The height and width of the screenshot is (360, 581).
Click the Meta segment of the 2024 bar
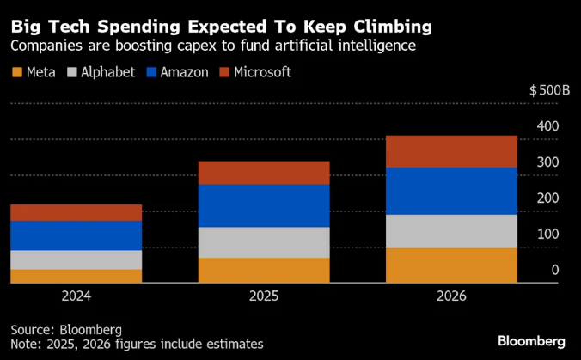(x=76, y=276)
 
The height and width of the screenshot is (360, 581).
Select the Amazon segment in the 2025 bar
(x=264, y=205)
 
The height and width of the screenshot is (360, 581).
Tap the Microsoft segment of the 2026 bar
(x=451, y=151)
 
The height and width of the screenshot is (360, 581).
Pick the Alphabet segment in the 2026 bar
(x=451, y=231)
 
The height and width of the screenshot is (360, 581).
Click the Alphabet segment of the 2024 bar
(x=76, y=259)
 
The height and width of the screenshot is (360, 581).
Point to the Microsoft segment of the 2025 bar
(x=264, y=173)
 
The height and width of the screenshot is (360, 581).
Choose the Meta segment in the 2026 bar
(x=451, y=265)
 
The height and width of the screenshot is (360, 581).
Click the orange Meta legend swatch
(x=16, y=72)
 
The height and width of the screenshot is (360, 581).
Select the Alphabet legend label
(x=107, y=72)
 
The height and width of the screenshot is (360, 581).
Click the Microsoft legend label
(x=261, y=72)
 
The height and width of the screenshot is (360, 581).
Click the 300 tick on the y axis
(x=548, y=162)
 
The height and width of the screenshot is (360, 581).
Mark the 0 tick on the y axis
(x=555, y=270)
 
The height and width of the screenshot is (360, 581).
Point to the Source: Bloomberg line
(x=66, y=329)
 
